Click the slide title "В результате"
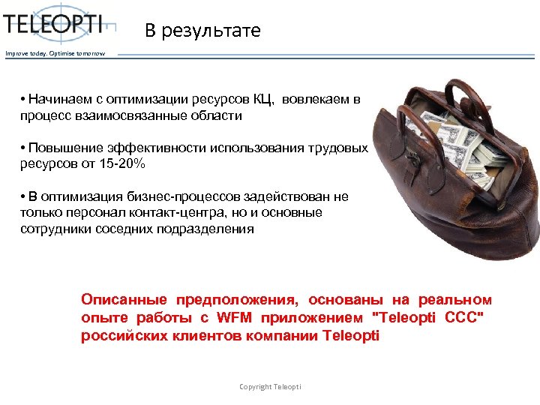[x=202, y=31]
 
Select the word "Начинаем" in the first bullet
[x=56, y=100]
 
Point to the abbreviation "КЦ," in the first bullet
[x=264, y=100]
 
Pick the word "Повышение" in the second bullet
[x=60, y=148]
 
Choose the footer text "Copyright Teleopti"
[x=270, y=386]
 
